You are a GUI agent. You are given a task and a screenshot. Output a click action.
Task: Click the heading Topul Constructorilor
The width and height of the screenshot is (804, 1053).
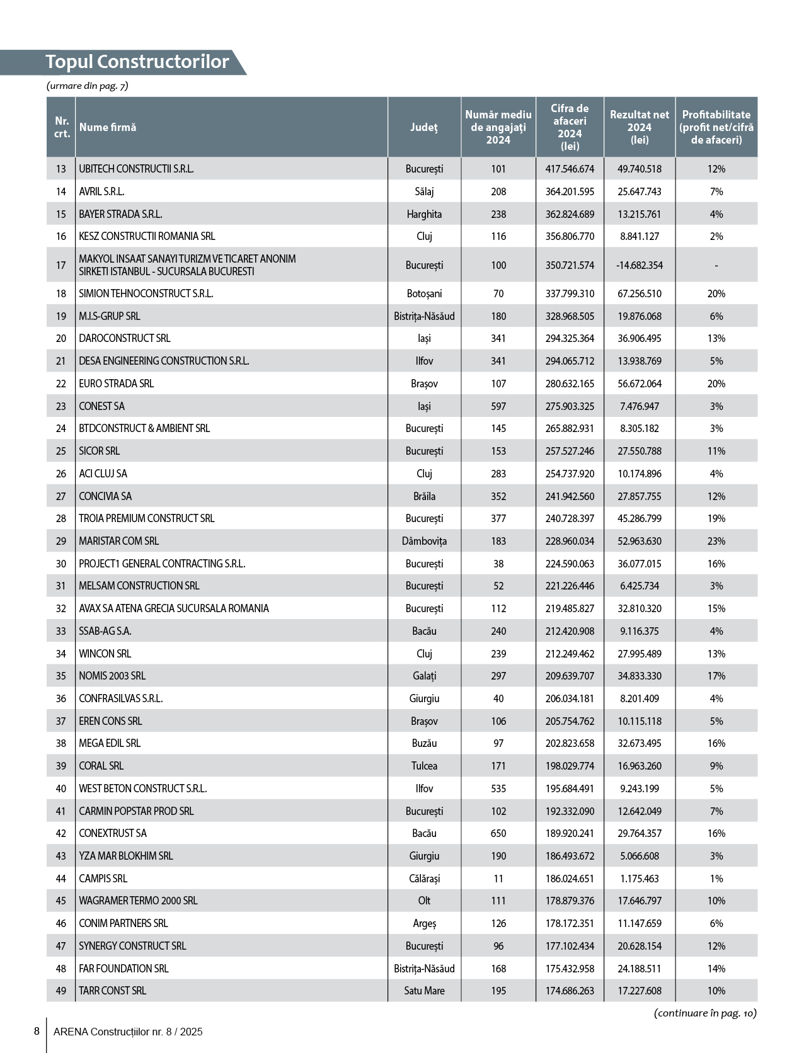[x=137, y=62]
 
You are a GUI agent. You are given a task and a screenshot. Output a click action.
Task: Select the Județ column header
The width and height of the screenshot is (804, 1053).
[x=423, y=127]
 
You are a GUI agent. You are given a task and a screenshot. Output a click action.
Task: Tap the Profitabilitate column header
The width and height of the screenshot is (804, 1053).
[x=716, y=127]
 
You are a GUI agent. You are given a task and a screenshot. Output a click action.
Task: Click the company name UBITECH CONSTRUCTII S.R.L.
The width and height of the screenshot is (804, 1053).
[x=136, y=169]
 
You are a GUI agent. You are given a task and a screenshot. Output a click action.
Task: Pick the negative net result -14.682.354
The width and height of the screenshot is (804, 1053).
[x=639, y=265]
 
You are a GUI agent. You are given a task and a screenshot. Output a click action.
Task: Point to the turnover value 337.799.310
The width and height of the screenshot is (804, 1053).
[x=570, y=293]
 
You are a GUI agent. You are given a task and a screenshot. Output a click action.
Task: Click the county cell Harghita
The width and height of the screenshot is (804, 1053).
[x=424, y=214]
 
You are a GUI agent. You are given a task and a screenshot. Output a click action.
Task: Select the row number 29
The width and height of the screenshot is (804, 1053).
[x=61, y=541]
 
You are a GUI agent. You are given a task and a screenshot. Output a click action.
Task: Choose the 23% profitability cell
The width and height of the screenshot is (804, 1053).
[x=716, y=541]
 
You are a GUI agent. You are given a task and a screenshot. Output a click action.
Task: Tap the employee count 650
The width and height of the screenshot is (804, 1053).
[x=498, y=833]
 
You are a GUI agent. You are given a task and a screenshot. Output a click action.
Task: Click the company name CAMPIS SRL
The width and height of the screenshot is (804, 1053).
[x=103, y=879]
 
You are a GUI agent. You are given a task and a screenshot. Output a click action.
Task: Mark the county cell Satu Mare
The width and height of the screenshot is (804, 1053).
[x=424, y=991]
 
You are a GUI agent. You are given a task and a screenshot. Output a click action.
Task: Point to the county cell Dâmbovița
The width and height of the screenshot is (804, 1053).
[x=424, y=541]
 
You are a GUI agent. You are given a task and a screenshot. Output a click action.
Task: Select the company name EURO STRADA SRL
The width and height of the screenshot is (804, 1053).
[x=116, y=384]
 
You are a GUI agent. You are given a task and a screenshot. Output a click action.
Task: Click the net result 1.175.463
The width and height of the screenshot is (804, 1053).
[x=639, y=879]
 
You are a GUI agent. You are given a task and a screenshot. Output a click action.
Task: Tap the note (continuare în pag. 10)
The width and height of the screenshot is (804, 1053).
[x=705, y=1013]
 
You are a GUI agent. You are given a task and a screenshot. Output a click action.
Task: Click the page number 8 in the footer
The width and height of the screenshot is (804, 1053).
[x=37, y=1032]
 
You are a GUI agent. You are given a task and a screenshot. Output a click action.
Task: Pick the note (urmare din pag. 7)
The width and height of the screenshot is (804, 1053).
[x=87, y=86]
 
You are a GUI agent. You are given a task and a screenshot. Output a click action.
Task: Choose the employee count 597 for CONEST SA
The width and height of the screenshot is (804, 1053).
[x=498, y=406]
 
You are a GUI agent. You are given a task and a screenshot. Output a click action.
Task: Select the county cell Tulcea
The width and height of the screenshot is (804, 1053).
[x=424, y=766]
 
